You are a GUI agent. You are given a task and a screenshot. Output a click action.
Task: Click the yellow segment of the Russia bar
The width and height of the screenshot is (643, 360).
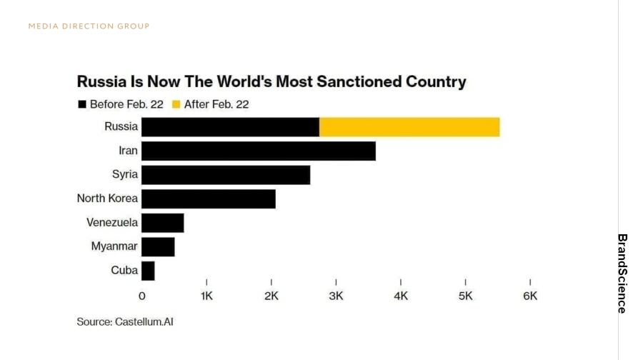409,127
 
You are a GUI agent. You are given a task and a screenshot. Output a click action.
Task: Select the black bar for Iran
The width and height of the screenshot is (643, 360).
258,151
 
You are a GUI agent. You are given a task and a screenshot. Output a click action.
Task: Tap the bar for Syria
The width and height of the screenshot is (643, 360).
226,175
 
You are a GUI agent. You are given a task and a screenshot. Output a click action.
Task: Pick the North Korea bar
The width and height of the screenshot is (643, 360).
208,199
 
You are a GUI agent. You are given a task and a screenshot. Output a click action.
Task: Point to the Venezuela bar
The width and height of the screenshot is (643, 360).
162,223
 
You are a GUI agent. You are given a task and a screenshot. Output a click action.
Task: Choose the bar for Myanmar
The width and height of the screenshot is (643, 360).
158,246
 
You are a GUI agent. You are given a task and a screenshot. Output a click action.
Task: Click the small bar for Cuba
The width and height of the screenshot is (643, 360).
148,271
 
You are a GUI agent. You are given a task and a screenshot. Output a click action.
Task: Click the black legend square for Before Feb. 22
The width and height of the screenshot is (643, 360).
82,104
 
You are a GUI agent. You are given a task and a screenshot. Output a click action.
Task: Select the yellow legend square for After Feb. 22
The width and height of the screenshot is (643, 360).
176,104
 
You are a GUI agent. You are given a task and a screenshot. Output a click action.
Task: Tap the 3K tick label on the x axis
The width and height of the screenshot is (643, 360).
336,296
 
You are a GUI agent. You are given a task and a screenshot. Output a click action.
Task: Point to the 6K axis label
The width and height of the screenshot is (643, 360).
529,296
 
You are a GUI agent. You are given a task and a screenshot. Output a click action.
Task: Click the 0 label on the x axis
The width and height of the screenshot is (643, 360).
141,296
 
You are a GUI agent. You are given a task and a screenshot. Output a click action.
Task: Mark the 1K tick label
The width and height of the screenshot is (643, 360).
206,296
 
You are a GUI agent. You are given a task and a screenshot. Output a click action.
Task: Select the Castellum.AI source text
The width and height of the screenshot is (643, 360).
144,321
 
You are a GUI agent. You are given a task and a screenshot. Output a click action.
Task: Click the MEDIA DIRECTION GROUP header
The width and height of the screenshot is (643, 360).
89,26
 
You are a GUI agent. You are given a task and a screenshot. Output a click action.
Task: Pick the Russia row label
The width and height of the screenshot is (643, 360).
121,127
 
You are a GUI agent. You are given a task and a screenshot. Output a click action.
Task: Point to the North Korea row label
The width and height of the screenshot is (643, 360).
107,199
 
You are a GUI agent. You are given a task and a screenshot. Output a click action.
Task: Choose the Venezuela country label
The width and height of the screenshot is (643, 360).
112,223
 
